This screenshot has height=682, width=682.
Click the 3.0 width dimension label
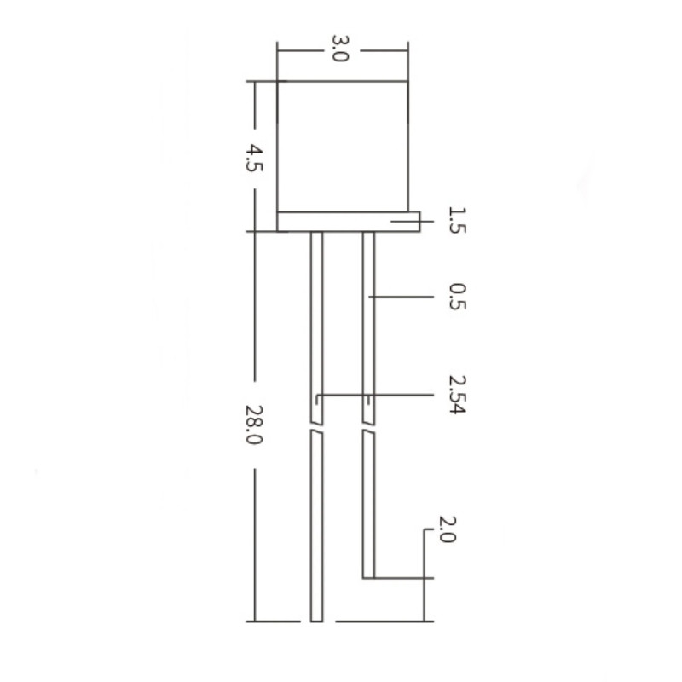point(340,49)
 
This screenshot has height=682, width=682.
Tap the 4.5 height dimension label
point(254,159)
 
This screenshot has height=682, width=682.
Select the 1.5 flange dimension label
point(457,221)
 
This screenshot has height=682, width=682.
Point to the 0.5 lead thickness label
point(457,296)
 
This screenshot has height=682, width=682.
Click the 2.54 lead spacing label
point(457,395)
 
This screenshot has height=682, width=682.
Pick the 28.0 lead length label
point(254,425)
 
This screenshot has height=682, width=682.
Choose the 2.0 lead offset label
point(447,529)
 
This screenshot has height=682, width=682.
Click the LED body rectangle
point(343,146)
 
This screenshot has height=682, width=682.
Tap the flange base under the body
point(349,222)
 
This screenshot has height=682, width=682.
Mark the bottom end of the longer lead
point(316,621)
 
